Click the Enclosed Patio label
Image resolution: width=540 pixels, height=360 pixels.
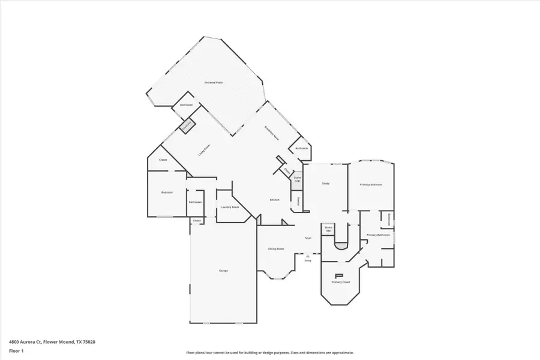214,82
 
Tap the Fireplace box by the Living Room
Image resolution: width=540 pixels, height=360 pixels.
187,125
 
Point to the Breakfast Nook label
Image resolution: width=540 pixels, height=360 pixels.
272,133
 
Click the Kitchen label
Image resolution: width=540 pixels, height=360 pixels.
274,200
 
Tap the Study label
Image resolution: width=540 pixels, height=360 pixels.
326,184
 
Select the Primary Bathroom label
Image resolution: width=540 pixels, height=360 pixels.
379,235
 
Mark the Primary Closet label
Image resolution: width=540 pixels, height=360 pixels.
341,281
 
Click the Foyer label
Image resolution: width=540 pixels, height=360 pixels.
308,238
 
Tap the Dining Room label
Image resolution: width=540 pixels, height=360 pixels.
275,248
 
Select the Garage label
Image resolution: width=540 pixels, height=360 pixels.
223,271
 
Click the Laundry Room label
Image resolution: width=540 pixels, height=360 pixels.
230,207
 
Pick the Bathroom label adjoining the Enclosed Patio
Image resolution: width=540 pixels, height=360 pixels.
186,105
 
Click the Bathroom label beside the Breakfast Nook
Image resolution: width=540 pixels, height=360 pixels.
301,148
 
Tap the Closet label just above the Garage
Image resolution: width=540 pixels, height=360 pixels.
197,221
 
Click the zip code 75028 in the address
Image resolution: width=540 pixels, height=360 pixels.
88,341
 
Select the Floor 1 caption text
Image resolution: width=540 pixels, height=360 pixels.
16,350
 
